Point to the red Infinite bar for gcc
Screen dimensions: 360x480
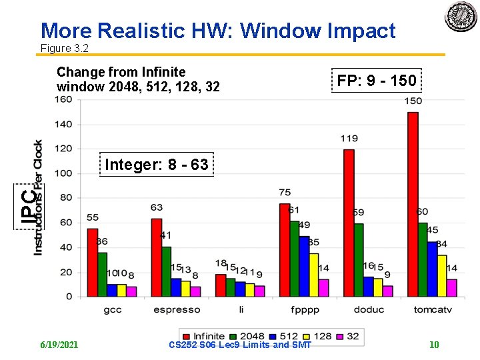(93, 263)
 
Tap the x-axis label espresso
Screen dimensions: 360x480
(177, 309)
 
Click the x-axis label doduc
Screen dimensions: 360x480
(369, 309)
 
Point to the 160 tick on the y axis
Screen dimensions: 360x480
(63, 100)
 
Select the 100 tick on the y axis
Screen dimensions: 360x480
(63, 173)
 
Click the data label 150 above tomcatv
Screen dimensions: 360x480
(413, 101)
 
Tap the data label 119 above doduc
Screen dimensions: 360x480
(349, 139)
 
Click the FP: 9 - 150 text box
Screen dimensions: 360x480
(377, 81)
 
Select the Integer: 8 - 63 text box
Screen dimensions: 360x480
(157, 165)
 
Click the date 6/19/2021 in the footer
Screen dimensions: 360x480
(59, 345)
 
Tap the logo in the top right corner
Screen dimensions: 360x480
(461, 18)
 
